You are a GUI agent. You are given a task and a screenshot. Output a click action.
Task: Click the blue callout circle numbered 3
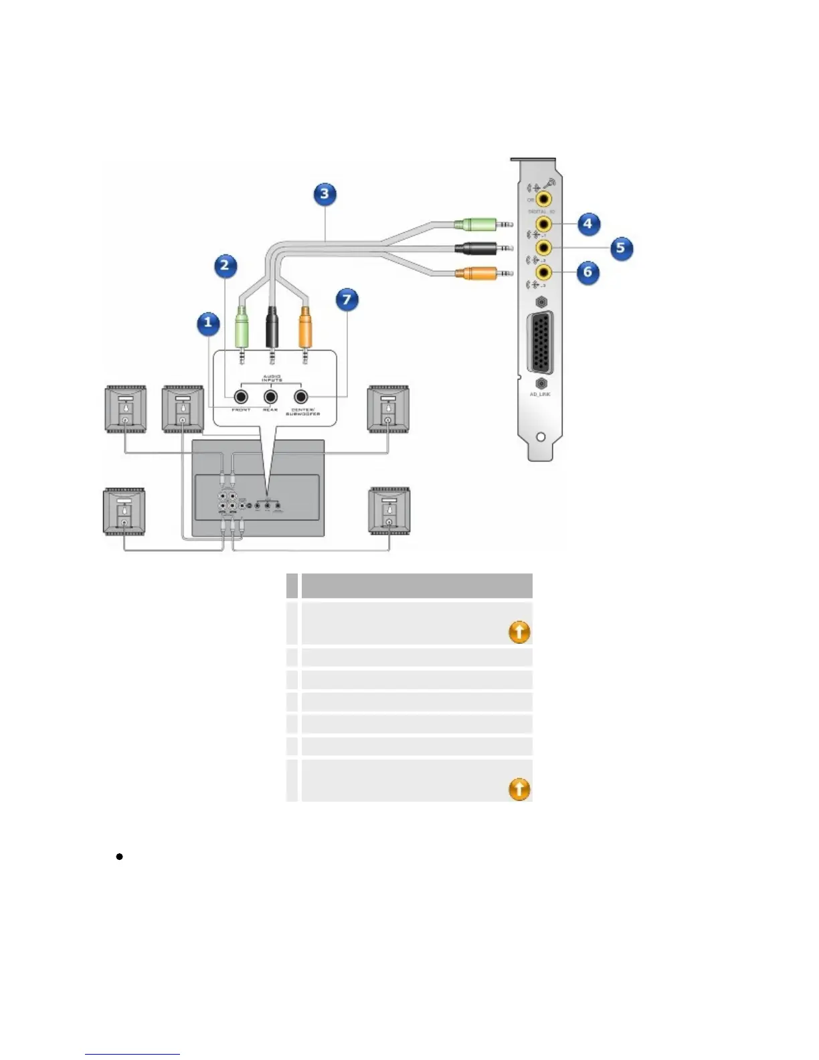pyautogui.click(x=325, y=194)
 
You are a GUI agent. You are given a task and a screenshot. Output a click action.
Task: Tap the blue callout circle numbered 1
pyautogui.click(x=208, y=324)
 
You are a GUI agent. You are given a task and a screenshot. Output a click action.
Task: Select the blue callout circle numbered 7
pyautogui.click(x=347, y=299)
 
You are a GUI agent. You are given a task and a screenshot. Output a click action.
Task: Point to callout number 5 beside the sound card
pyautogui.click(x=620, y=248)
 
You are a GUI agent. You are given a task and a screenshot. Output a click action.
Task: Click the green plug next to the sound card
pyautogui.click(x=475, y=224)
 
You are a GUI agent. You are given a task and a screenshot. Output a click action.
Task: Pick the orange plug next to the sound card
pyautogui.click(x=475, y=273)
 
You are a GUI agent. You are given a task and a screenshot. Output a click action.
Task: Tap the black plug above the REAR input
pyautogui.click(x=272, y=325)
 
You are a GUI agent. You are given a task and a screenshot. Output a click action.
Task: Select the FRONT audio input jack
pyautogui.click(x=241, y=397)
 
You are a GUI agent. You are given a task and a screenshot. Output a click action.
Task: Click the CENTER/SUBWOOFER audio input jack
pyautogui.click(x=301, y=397)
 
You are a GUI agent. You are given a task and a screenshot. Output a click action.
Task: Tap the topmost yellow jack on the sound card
pyautogui.click(x=544, y=199)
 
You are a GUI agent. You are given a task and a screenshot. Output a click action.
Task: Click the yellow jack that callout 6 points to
pyautogui.click(x=544, y=272)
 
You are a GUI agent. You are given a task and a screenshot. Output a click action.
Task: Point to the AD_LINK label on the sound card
pyautogui.click(x=540, y=395)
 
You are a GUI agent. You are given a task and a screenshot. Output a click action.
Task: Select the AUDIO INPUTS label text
pyautogui.click(x=271, y=378)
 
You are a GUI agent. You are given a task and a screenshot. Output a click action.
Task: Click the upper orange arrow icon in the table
pyautogui.click(x=519, y=632)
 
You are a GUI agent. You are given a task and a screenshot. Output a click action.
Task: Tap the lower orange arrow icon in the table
pyautogui.click(x=519, y=789)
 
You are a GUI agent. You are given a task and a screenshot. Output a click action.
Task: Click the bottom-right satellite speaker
pyautogui.click(x=389, y=511)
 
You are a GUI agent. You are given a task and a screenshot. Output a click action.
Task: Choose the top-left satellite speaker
pyautogui.click(x=126, y=409)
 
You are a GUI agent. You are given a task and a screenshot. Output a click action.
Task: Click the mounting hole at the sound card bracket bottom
pyautogui.click(x=541, y=437)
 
